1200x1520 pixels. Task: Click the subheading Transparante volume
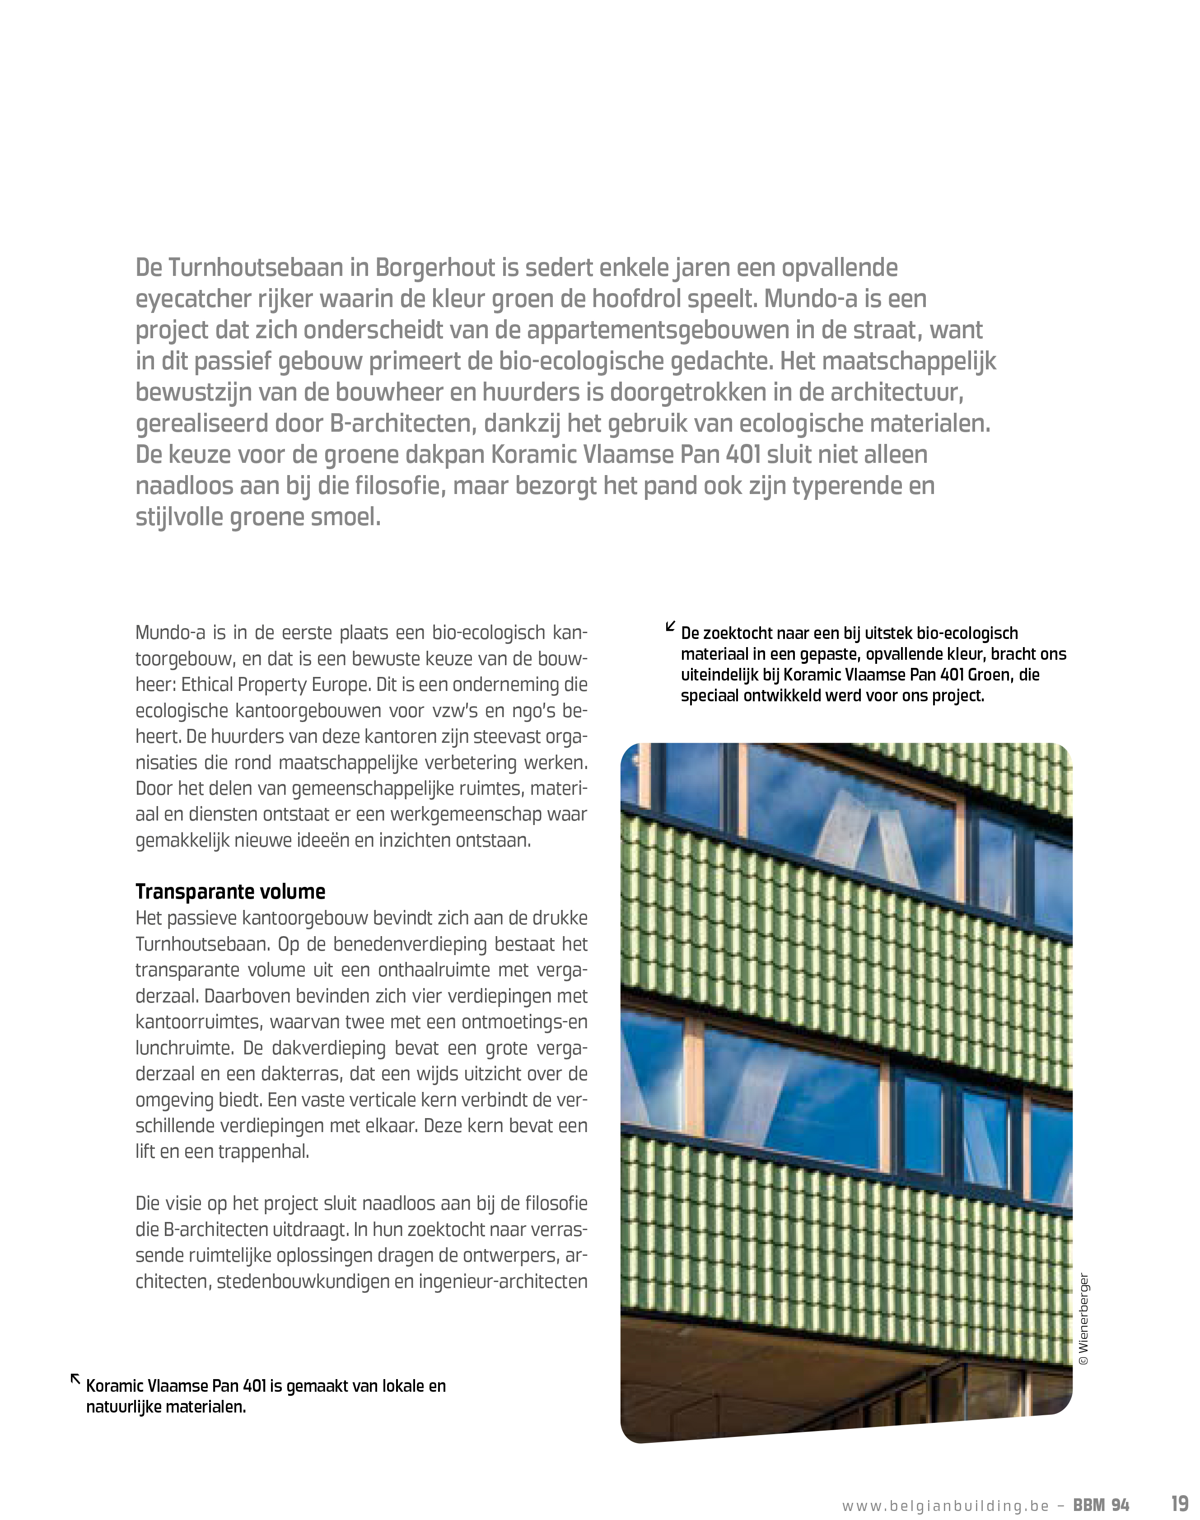230,891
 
